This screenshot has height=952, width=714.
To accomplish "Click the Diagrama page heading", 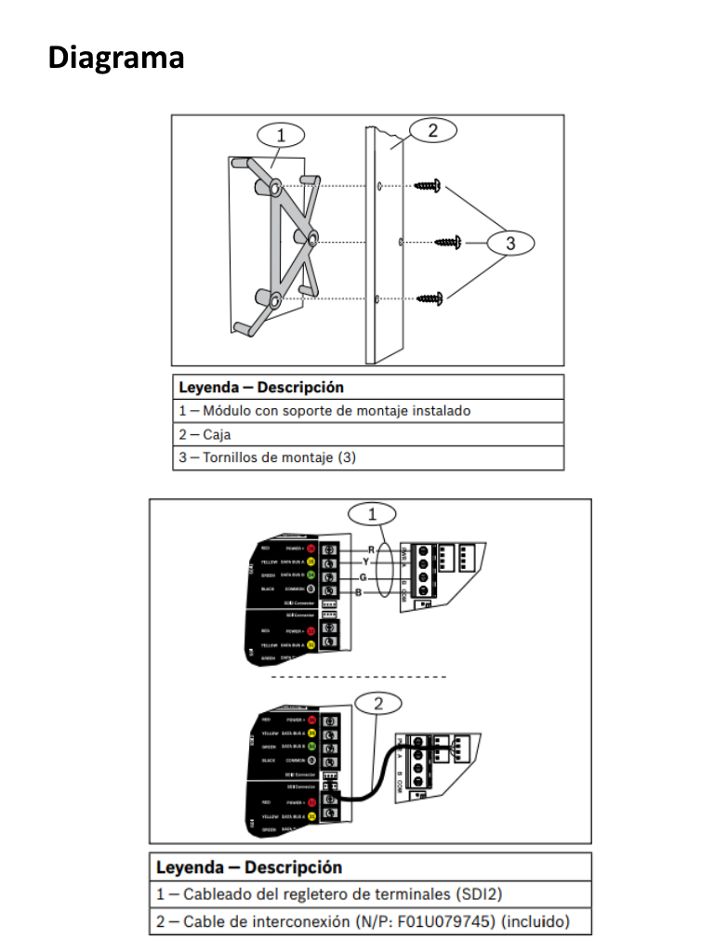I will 116,58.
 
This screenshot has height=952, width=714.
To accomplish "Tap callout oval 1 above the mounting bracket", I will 280,135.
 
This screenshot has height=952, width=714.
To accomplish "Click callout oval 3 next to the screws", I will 510,244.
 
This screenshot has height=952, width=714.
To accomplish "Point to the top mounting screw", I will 428,186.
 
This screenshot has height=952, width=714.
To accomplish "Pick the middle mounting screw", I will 448,243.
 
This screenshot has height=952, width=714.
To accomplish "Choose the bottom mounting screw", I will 428,298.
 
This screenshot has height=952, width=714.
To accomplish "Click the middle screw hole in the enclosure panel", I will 399,242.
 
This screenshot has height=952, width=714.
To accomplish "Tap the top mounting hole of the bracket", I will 277,189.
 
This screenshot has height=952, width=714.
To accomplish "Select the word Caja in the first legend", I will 218,434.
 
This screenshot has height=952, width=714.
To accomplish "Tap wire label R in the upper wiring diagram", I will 371,549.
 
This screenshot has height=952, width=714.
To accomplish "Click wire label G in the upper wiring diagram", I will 362,577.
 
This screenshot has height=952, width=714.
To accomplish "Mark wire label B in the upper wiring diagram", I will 358,591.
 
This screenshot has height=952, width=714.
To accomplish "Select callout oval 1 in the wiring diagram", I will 372,513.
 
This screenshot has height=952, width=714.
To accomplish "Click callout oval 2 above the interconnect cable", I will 378,703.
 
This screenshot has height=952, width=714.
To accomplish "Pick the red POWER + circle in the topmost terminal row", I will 312,549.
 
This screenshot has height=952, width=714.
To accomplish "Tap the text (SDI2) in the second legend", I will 477,894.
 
